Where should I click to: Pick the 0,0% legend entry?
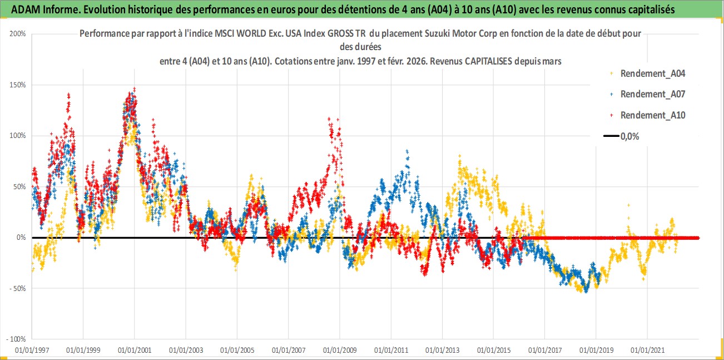tap(629, 136)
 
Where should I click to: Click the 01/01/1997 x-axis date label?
tap(32, 351)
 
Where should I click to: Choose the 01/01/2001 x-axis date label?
tap(135, 351)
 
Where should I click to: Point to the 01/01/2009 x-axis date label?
tap(340, 351)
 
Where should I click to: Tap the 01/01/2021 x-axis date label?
tap(647, 351)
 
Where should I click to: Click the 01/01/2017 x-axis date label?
tap(545, 351)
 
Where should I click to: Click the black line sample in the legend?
tap(611, 136)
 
